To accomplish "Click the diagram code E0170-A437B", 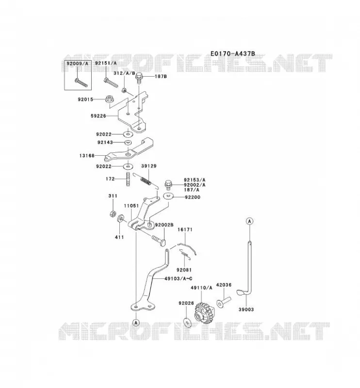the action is (232, 53).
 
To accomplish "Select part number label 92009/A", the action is (77, 64).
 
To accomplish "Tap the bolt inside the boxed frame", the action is (81, 82).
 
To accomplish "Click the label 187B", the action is (161, 76).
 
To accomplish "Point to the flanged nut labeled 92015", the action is (109, 99).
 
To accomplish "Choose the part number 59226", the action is (98, 116).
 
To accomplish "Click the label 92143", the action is (105, 142).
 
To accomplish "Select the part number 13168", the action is (87, 156).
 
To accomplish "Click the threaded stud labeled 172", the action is (128, 179).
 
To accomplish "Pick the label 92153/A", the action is (195, 180).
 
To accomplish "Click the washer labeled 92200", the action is (169, 196).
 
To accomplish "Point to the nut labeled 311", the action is (113, 213).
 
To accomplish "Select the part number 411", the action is (119, 237).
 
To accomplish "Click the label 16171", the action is (185, 229).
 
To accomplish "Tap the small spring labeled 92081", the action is (186, 255).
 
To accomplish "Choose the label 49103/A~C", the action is (178, 278).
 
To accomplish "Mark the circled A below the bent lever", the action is (136, 323).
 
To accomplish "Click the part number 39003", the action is (246, 309).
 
